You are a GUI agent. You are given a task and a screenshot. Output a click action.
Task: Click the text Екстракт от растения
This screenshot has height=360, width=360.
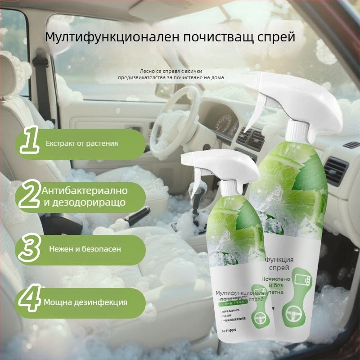tap(82, 144)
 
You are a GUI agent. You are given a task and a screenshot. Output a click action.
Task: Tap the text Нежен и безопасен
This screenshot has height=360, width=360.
tap(85, 249)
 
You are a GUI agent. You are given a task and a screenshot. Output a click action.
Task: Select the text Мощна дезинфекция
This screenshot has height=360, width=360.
tap(85, 302)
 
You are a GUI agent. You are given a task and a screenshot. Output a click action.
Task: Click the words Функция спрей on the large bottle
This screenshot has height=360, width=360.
tap(279, 264)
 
